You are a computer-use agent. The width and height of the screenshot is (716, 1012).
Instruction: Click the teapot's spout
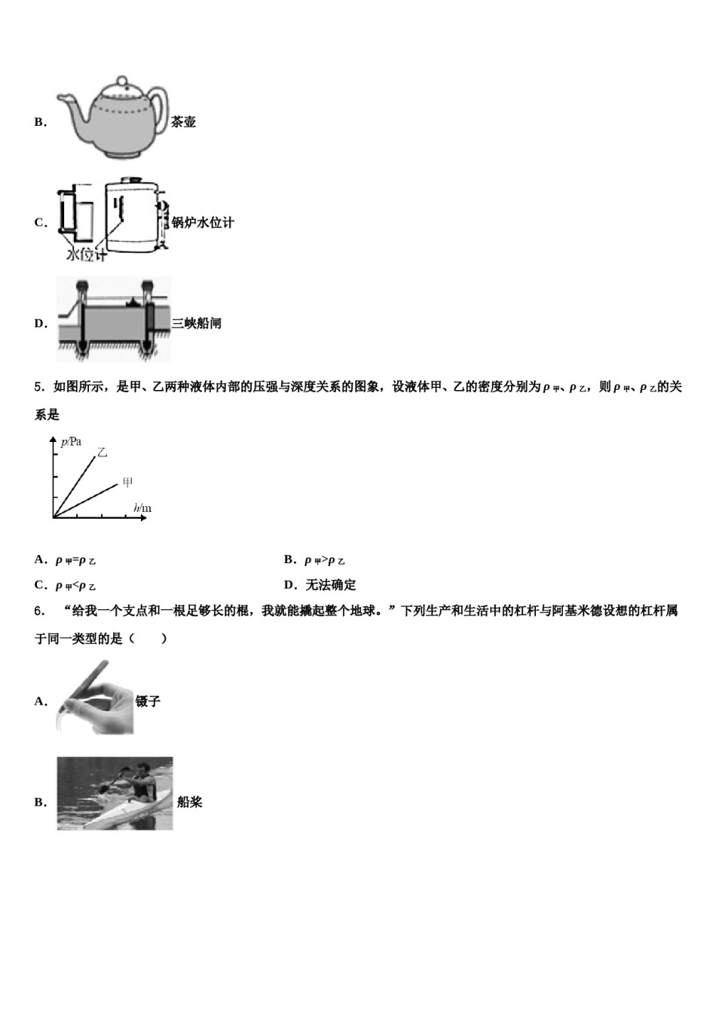pos(66,99)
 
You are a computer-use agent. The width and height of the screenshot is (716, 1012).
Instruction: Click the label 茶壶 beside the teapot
pos(184,122)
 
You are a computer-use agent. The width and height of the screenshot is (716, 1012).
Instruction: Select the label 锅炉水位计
pos(203,222)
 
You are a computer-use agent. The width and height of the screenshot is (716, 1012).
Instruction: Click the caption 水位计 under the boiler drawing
pos(86,255)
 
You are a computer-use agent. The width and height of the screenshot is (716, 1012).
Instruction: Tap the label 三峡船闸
pos(196,324)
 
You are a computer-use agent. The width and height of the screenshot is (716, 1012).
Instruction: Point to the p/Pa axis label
pos(72,442)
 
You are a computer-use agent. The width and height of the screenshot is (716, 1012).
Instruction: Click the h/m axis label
pos(142,508)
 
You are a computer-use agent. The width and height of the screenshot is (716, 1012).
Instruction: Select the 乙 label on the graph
pos(103,453)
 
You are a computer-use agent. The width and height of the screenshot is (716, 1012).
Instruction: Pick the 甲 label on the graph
pos(127,482)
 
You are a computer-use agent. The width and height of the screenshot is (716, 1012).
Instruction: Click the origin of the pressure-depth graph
pos(53,517)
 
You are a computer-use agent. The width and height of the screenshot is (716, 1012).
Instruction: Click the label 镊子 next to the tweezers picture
pos(148,701)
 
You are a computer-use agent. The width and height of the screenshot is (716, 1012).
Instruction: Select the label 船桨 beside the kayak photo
pos(189,803)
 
